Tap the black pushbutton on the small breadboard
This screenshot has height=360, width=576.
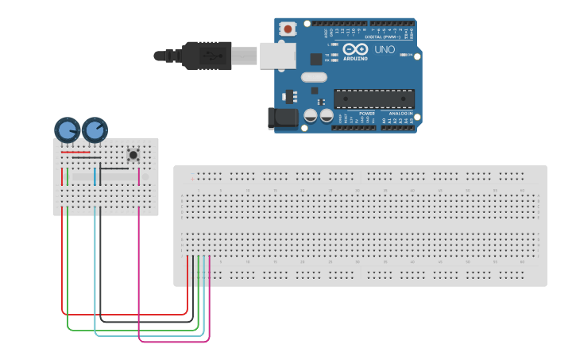[133, 154]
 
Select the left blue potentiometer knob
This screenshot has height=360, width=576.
[67, 130]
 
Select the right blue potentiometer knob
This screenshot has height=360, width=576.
[95, 129]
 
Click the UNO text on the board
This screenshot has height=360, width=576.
[385, 50]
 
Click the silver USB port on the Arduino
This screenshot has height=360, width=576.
[278, 56]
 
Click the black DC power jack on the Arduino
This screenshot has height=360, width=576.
[282, 118]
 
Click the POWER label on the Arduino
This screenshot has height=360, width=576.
[366, 114]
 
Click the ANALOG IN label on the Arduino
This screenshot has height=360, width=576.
[400, 114]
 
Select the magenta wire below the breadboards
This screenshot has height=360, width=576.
[175, 342]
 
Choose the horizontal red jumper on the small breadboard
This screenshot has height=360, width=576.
[75, 152]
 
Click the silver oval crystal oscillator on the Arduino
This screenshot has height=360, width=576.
[313, 77]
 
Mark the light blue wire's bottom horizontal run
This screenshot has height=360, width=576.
[151, 335]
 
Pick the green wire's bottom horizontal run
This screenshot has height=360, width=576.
[131, 329]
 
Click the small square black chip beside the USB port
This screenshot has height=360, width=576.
[315, 59]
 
